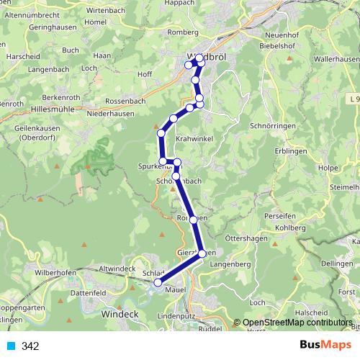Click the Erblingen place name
[x=292, y=151]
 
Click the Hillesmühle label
[x=53, y=107]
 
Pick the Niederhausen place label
[x=107, y=112]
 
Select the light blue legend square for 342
[x=11, y=346]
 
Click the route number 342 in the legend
[x=30, y=346]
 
